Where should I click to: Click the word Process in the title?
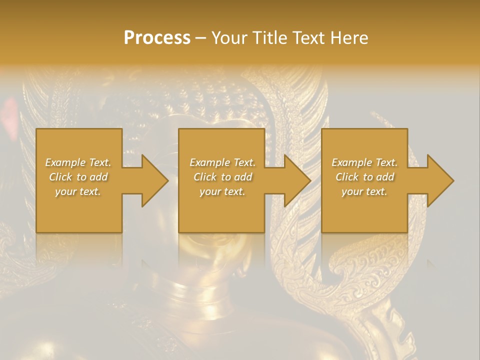pos(157,38)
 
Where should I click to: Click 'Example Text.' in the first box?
pos(78,162)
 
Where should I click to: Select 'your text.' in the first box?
pos(78,191)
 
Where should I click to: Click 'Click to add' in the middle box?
pos(222,177)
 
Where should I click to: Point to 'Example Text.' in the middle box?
pos(222,162)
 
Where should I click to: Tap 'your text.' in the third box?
pos(364,191)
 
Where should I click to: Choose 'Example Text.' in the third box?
pos(364,162)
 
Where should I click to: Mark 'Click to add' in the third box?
pos(364,177)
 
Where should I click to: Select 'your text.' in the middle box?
pos(222,191)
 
